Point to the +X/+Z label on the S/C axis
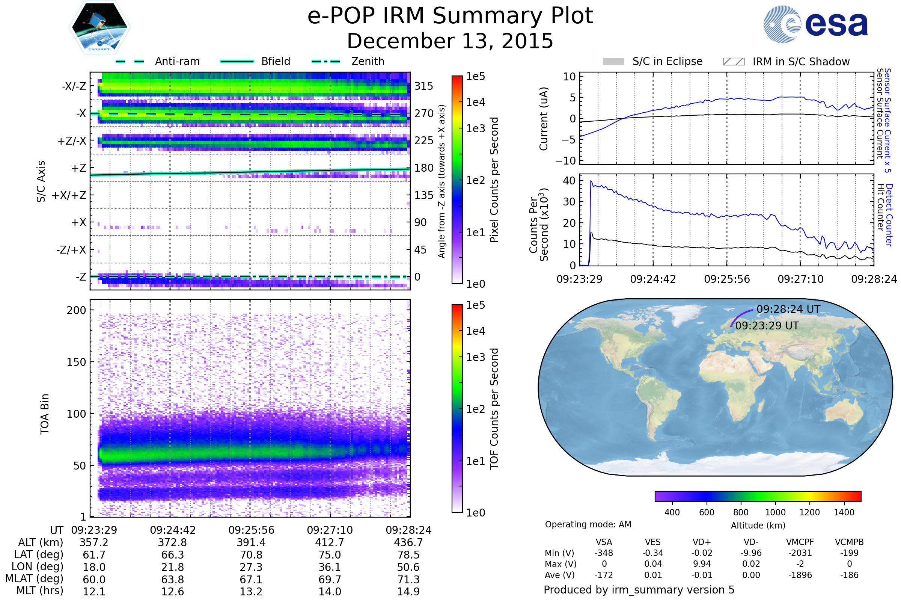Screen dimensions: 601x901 click(x=69, y=195)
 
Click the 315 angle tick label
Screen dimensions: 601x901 click(x=423, y=86)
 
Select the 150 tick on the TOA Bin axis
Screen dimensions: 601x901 click(x=76, y=362)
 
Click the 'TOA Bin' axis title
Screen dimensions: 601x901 click(x=44, y=414)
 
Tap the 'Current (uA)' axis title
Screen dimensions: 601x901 click(x=544, y=119)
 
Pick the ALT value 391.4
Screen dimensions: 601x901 click(x=251, y=542)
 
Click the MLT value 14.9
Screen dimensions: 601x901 click(x=408, y=591)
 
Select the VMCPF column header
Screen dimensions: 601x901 click(x=800, y=542)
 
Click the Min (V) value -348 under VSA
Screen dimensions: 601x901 click(x=604, y=553)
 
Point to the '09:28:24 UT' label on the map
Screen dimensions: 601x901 click(x=788, y=309)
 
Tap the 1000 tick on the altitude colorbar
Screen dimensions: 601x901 click(x=775, y=512)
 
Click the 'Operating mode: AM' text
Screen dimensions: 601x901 click(x=588, y=524)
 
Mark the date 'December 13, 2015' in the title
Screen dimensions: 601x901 click(x=450, y=41)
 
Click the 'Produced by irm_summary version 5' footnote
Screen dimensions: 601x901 click(x=639, y=590)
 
